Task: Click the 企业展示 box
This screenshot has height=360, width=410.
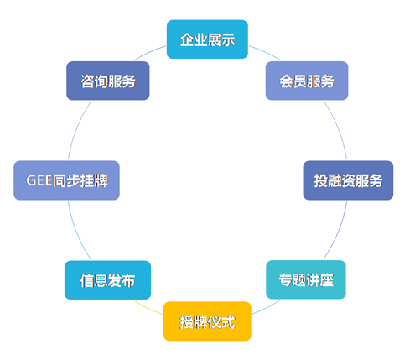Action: tap(207, 39)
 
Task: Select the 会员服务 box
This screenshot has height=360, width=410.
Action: tap(307, 81)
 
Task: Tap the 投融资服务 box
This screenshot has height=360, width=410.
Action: tap(348, 180)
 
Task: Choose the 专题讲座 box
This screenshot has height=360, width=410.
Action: tap(306, 279)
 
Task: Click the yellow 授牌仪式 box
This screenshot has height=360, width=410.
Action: tap(207, 321)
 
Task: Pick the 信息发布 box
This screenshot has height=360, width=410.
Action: tap(107, 280)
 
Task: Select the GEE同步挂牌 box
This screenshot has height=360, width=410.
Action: tap(66, 180)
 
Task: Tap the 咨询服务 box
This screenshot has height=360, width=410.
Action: tap(108, 81)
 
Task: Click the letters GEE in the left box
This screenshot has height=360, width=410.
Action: tap(39, 180)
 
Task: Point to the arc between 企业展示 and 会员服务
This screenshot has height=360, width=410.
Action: tap(265, 51)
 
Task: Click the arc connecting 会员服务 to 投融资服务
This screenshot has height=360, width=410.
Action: tap(338, 128)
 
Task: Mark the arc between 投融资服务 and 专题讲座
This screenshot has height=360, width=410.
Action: tap(339, 231)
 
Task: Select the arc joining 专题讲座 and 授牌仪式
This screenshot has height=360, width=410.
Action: tap(267, 308)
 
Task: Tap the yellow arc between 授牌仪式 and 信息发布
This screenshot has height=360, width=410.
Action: tap(148, 308)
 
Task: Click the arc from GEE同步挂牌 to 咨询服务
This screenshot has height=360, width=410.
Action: tap(76, 128)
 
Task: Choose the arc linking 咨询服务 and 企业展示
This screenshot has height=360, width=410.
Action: tap(149, 52)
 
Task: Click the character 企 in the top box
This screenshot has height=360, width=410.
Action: tap(187, 39)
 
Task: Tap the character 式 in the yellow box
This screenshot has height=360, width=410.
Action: tap(227, 321)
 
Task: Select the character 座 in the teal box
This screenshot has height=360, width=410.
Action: tap(326, 280)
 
